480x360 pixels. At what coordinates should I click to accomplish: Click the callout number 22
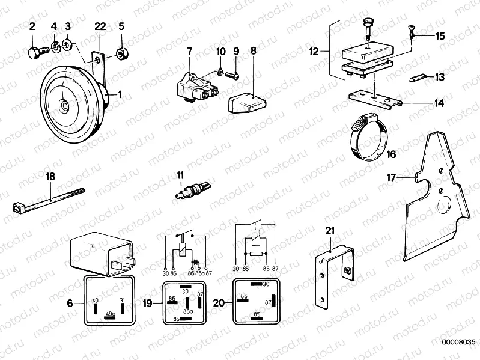pos(100,26)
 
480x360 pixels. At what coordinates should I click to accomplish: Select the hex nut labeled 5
pos(121,53)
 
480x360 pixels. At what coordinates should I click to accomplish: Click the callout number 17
pos(392,178)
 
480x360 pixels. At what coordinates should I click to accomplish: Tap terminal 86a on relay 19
pos(187,311)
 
